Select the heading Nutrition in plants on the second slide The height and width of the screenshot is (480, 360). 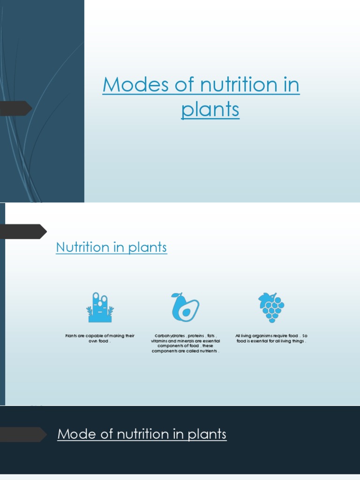point(111,247)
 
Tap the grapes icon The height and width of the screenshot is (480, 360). point(271,307)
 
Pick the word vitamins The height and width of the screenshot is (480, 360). point(159,341)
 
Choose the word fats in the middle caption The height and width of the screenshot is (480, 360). point(210,336)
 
